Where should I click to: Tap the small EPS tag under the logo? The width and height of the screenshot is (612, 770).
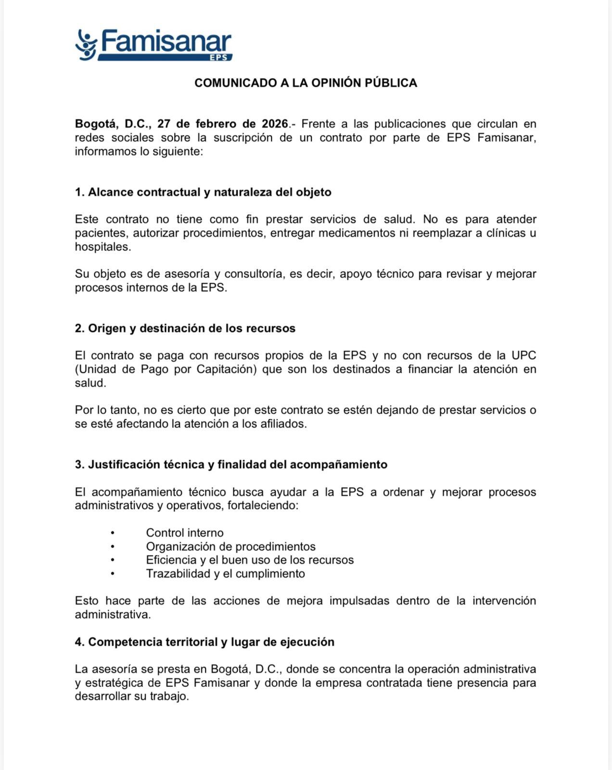coord(221,57)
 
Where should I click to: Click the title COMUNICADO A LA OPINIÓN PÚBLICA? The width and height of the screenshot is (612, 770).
coord(306,83)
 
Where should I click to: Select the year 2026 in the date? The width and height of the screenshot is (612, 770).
coord(275,124)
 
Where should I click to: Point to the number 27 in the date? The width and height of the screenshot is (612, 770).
coord(164,124)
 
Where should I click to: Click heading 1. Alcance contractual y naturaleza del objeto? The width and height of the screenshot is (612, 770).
coord(203,192)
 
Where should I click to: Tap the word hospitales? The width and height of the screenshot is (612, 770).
coord(102,247)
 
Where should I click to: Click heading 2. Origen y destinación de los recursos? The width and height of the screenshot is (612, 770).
coord(185,328)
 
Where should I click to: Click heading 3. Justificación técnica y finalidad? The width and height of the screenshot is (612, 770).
coord(231,464)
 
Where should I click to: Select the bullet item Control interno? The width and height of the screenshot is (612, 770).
coord(185,533)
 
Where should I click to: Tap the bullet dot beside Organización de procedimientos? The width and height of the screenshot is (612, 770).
coord(113,547)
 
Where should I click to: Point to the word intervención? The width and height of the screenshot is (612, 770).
coord(504,601)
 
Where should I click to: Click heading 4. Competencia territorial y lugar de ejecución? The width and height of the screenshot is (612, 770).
coord(204,642)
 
